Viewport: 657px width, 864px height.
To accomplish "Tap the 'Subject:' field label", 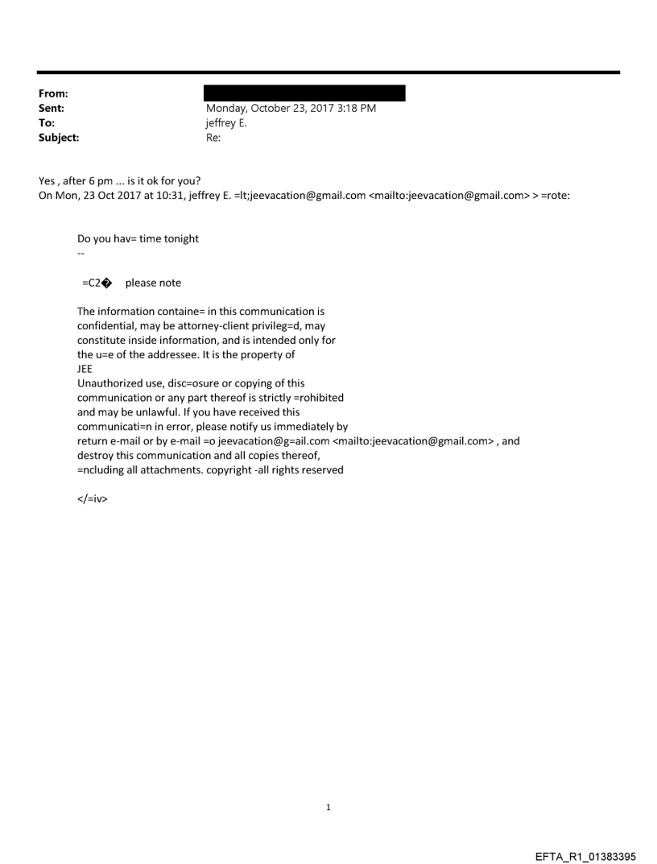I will click(x=56, y=138).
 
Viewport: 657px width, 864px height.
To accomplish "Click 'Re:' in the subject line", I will click(x=213, y=138).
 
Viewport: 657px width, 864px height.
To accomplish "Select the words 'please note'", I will click(x=153, y=283).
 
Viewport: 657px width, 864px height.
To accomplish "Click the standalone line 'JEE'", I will click(x=85, y=369).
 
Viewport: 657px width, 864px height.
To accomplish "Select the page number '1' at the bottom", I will click(x=328, y=808).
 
